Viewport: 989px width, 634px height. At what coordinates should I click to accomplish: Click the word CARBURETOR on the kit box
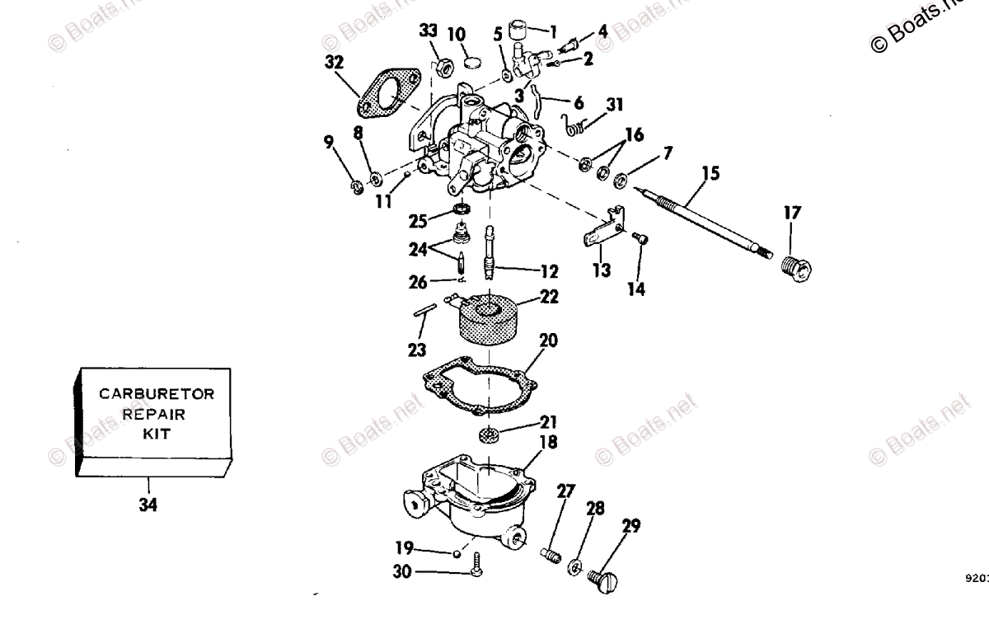(x=157, y=394)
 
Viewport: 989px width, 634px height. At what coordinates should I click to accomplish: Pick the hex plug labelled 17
(x=795, y=270)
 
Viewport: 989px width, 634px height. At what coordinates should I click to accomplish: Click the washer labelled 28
(x=574, y=566)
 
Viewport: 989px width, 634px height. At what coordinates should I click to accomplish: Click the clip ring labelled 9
(x=356, y=189)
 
